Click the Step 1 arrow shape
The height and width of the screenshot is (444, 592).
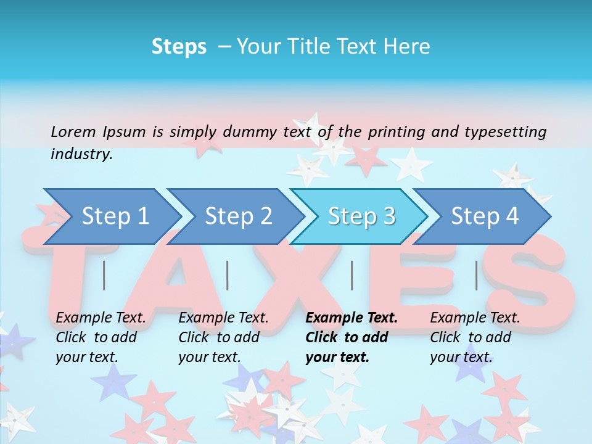point(114,216)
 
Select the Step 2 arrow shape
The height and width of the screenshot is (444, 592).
point(238,216)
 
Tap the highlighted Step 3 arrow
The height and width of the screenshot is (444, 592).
point(361,216)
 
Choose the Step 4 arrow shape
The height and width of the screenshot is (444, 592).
point(485,216)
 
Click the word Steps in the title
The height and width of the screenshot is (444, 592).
point(179,47)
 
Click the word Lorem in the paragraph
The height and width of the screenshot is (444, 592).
point(73,131)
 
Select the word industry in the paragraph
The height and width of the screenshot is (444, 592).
point(81,154)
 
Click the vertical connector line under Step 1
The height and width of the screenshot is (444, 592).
point(104,275)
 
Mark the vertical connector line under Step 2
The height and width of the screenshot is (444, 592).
point(228,275)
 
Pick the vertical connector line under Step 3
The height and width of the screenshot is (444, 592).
point(351,275)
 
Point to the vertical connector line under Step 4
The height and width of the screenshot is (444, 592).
point(476,275)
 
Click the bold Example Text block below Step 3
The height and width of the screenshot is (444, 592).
point(351,337)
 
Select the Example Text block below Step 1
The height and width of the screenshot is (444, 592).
point(101,337)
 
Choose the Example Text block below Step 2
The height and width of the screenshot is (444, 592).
point(223,337)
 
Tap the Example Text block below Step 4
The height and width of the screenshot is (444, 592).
point(475,337)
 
